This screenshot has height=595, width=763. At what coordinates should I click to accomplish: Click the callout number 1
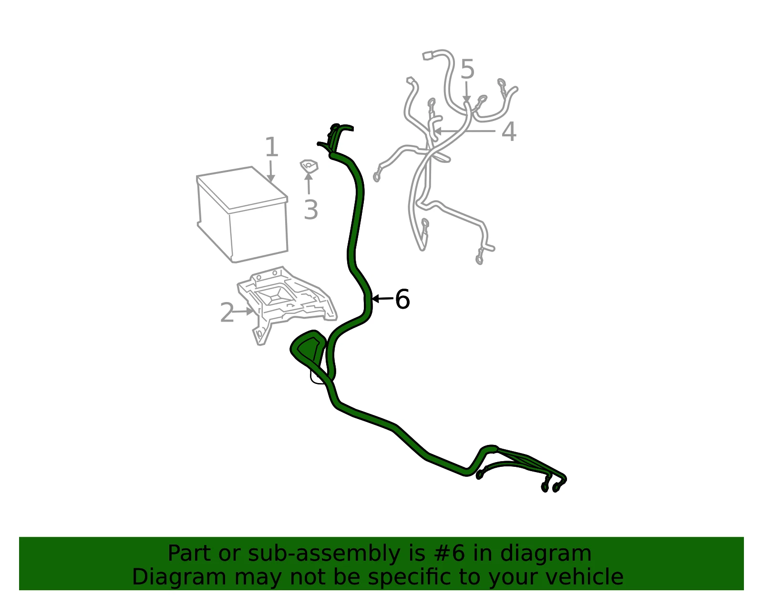click(x=271, y=147)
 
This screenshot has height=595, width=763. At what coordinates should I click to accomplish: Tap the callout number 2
click(x=227, y=313)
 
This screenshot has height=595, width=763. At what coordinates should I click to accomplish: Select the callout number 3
click(x=311, y=210)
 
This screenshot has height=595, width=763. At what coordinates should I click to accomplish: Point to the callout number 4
click(x=509, y=132)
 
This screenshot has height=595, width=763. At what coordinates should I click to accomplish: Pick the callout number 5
click(x=467, y=69)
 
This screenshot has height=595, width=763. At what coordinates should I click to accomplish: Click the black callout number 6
click(x=402, y=299)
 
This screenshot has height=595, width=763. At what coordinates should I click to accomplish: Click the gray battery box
click(x=242, y=214)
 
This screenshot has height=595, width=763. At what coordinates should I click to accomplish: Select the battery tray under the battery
click(x=286, y=305)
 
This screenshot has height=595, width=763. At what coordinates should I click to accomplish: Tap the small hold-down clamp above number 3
click(x=309, y=166)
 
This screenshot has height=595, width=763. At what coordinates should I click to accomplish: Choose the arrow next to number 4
click(x=464, y=131)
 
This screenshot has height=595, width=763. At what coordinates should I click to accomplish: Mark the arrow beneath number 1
click(x=270, y=171)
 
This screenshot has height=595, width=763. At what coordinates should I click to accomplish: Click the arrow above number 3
click(x=309, y=183)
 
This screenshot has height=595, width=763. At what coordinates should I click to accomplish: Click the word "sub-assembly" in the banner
click(x=324, y=554)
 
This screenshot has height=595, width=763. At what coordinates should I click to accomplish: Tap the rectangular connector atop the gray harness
click(x=428, y=56)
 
